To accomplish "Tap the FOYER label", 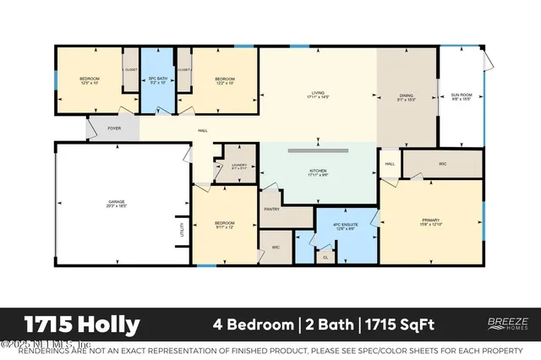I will point(112,130).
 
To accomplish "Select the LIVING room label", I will point(318,94).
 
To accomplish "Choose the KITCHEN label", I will point(318,172).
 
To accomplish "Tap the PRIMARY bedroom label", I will point(431,222).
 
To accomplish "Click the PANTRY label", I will point(272,209).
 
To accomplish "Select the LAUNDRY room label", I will point(238,166).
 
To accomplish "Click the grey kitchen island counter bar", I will point(318,150).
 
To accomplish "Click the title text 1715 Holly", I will point(81,324).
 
